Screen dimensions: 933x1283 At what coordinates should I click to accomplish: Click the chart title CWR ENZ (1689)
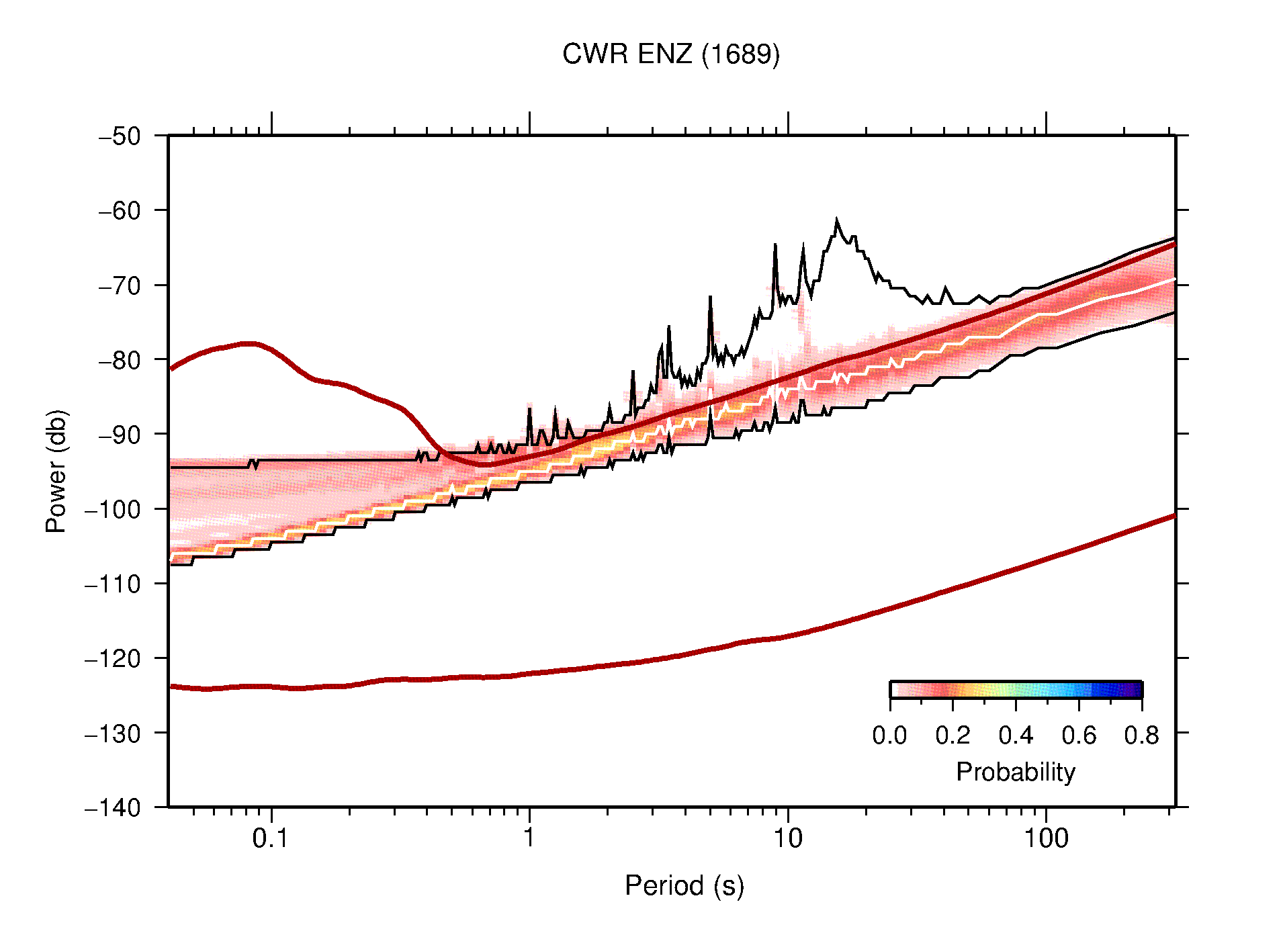pyautogui.click(x=670, y=54)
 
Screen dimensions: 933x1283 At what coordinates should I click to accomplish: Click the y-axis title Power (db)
pyautogui.click(x=56, y=471)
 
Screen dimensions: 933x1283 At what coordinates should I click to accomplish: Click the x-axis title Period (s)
pyautogui.click(x=684, y=886)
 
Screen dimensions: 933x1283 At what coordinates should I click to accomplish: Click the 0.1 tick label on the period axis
pyautogui.click(x=271, y=838)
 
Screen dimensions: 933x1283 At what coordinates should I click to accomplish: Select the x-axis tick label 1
pyautogui.click(x=529, y=838)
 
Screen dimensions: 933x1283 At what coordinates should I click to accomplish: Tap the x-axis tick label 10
pyautogui.click(x=787, y=838)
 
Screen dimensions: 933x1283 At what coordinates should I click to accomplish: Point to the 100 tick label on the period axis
pyautogui.click(x=1045, y=838)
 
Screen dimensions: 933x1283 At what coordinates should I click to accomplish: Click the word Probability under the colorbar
pyautogui.click(x=1015, y=772)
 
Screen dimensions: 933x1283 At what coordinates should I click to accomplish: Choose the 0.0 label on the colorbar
pyautogui.click(x=889, y=736)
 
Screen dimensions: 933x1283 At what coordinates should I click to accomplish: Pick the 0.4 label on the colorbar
pyautogui.click(x=1016, y=736)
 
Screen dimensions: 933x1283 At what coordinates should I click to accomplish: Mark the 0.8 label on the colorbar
pyautogui.click(x=1141, y=736)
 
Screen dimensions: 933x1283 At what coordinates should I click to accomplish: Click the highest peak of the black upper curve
pyautogui.click(x=836, y=220)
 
